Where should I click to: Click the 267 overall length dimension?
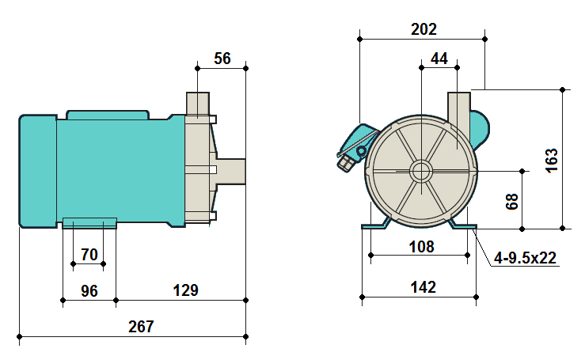tap(141, 327)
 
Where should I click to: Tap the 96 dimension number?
tap(89, 290)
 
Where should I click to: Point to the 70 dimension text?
tap(89, 255)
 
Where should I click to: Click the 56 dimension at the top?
tap(222, 59)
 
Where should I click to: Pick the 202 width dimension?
tap(424, 29)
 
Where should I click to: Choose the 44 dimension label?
tap(439, 59)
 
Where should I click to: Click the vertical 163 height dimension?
tap(553, 158)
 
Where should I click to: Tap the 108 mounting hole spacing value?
tap(421, 246)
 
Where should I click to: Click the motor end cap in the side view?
tap(37, 170)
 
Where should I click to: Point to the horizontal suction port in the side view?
tap(230, 170)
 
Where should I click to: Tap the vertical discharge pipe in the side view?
tap(197, 104)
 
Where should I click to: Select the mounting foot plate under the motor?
tap(89, 222)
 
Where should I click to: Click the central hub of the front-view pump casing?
tap(420, 171)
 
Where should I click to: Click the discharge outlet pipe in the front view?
tap(459, 107)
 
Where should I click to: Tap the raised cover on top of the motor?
tap(108, 115)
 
